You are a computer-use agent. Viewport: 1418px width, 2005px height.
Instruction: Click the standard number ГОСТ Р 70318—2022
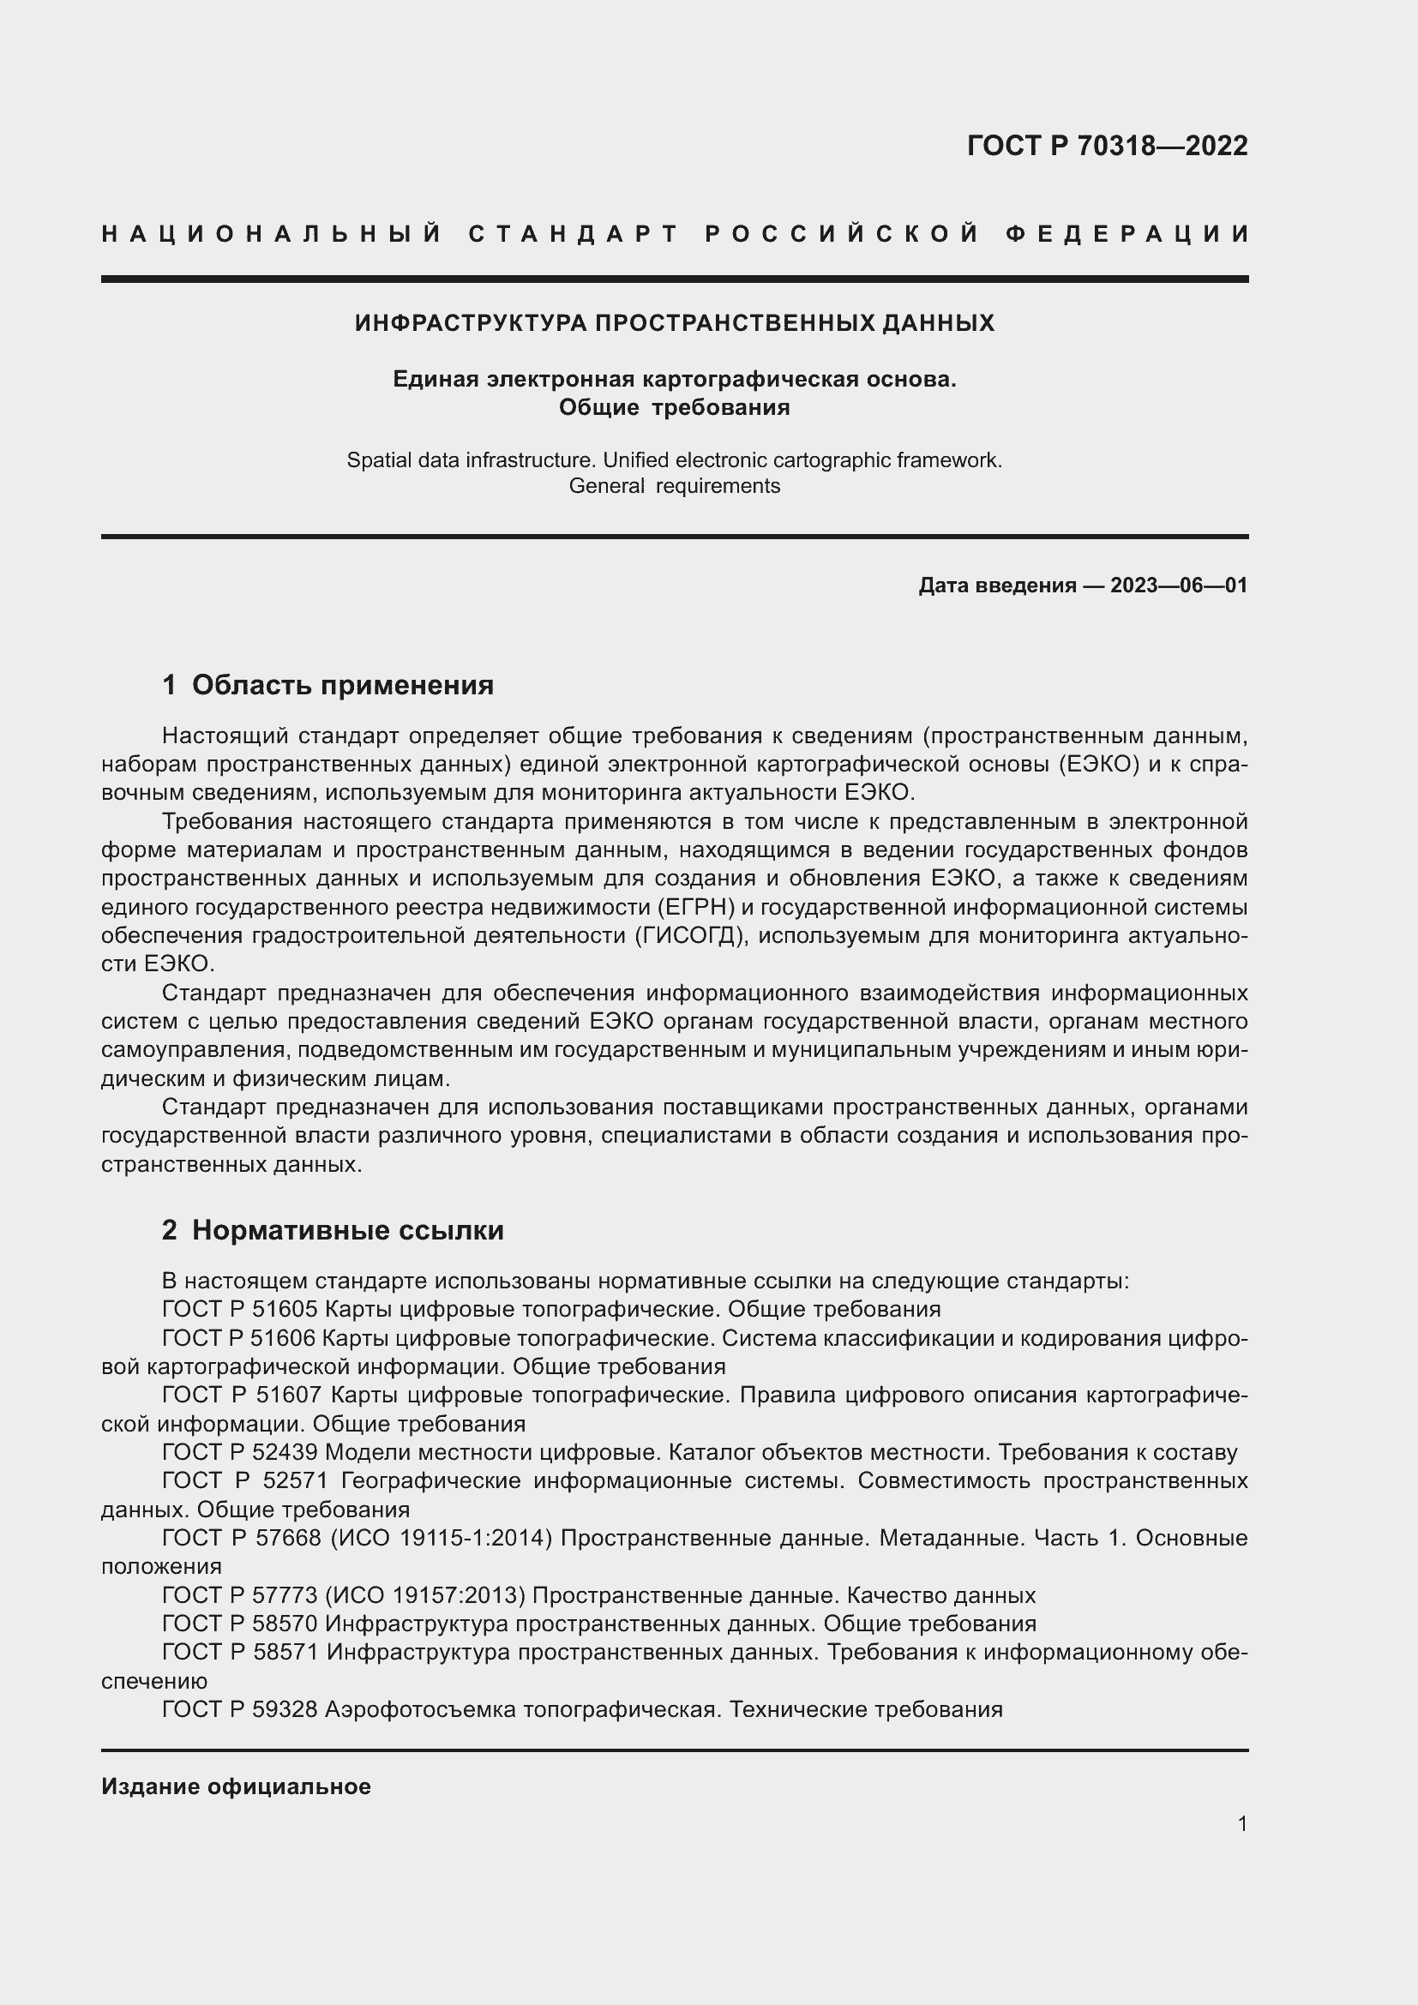1107,146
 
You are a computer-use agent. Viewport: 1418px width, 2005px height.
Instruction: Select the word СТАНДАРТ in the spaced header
574,234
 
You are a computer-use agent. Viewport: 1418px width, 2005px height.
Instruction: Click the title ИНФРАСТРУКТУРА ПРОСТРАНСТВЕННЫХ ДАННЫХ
674,324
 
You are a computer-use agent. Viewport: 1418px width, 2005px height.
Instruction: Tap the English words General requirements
674,486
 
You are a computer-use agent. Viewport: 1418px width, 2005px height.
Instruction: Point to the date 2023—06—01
1179,585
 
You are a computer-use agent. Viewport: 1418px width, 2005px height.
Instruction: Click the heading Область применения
342,686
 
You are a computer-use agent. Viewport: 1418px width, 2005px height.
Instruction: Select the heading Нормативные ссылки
347,1230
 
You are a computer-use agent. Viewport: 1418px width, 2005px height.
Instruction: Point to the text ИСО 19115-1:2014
441,1538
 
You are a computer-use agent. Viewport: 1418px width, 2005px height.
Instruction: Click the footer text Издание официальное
236,1786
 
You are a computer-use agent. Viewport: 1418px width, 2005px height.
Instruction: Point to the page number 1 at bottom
1242,1823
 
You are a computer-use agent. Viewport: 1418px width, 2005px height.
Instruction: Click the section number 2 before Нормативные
170,1230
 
